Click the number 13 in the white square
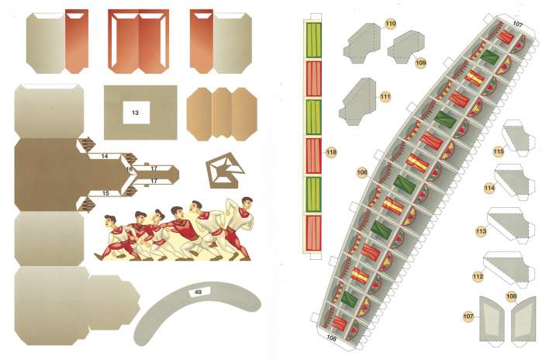point(135,112)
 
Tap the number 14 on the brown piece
point(104,156)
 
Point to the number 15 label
point(105,193)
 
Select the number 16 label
point(129,169)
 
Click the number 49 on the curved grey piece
point(199,292)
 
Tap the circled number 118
point(331,152)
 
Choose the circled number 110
point(390,24)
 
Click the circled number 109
point(420,63)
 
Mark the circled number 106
point(362,172)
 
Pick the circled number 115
point(498,152)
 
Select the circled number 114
point(489,188)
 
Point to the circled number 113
point(481,232)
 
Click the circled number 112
point(478,276)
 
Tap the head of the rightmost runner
point(247,202)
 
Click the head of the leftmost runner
point(109,221)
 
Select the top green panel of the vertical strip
point(313,40)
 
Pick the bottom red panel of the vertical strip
point(313,233)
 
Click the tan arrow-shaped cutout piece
point(225,170)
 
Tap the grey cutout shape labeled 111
point(357,102)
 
